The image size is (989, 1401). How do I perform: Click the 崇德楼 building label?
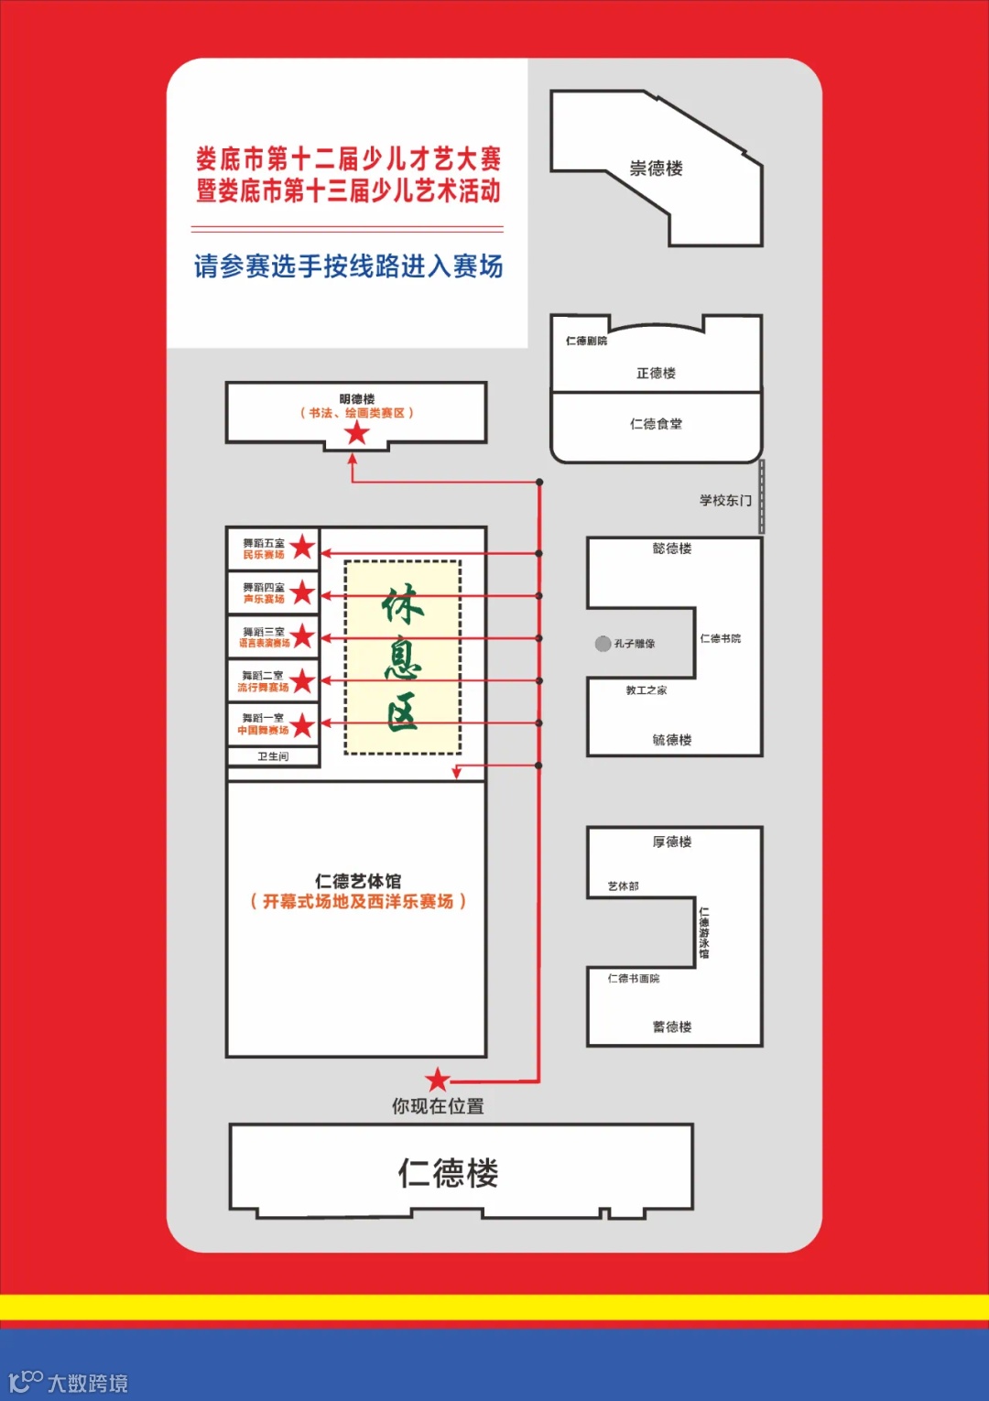click(656, 168)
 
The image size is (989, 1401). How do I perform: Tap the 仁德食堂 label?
click(656, 424)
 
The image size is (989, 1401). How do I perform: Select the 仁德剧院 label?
click(586, 341)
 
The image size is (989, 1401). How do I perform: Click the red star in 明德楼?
click(356, 433)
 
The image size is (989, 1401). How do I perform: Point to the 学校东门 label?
click(725, 500)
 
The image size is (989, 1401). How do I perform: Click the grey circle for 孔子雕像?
click(603, 644)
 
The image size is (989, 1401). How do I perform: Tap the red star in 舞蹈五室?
click(302, 548)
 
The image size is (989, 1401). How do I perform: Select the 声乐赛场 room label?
click(264, 599)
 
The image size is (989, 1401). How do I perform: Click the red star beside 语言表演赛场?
click(302, 636)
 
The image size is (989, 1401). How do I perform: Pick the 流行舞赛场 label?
click(263, 687)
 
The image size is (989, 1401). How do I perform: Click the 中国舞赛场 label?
click(263, 730)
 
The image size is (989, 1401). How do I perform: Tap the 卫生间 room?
click(273, 756)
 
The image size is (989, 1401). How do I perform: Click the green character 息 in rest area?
click(402, 658)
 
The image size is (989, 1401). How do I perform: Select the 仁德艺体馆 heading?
click(357, 881)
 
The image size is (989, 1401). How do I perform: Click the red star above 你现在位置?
click(438, 1080)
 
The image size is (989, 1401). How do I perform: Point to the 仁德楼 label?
click(448, 1173)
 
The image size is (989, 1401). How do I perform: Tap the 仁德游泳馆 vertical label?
click(704, 933)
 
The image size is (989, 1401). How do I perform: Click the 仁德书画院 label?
click(634, 979)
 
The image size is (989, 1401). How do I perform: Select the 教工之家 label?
click(647, 690)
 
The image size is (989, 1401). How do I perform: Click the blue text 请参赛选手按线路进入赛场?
click(348, 266)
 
